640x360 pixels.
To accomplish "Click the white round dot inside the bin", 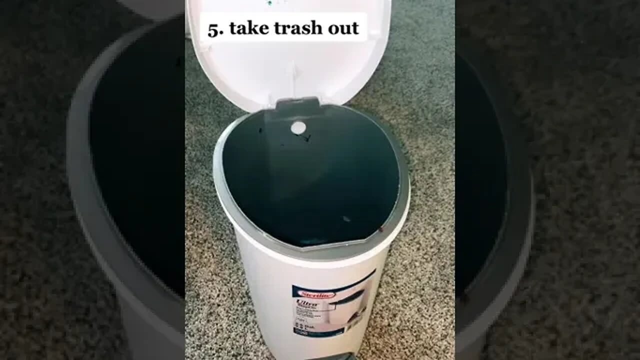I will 298,128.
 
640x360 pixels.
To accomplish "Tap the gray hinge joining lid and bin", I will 297,103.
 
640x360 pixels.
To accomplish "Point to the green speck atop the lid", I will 270,3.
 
